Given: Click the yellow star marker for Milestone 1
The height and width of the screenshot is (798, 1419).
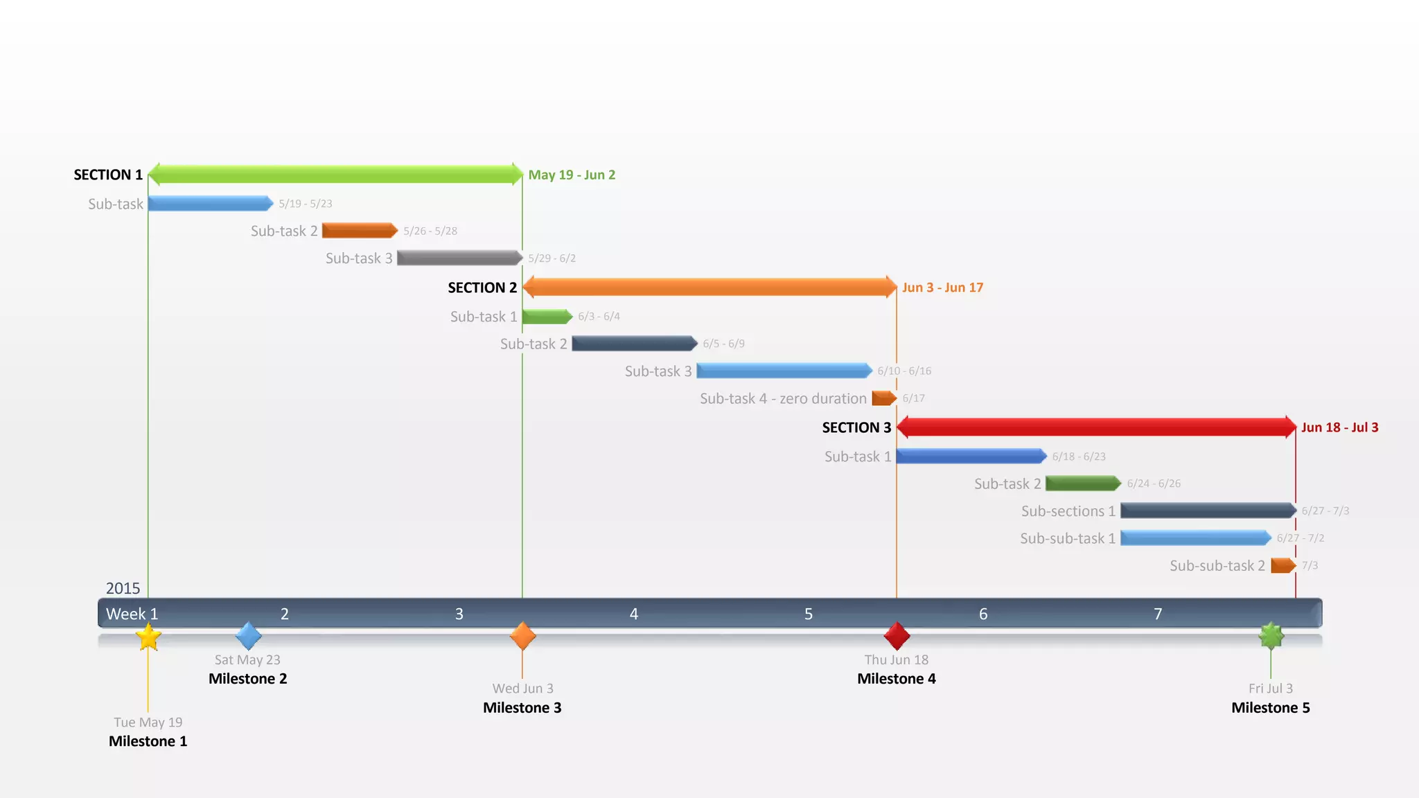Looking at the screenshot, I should click(x=148, y=637).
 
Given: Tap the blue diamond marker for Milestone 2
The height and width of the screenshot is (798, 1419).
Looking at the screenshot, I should click(x=248, y=635).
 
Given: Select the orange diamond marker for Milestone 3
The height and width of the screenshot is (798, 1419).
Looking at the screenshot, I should click(x=522, y=635).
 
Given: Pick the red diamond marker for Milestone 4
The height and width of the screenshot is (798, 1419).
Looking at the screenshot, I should click(x=897, y=635).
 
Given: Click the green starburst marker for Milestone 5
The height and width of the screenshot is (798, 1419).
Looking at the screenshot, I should click(x=1271, y=635).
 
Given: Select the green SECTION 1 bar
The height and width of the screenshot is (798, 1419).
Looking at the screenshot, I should click(x=335, y=174).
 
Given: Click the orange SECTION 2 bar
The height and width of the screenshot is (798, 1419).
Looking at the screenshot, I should click(x=709, y=287).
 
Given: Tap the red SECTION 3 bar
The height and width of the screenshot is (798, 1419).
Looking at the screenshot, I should click(x=1096, y=427).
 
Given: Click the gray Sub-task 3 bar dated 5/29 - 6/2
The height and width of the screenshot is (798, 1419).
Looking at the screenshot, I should click(x=459, y=258).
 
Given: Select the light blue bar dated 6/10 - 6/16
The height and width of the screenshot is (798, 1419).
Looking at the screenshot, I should click(x=784, y=371).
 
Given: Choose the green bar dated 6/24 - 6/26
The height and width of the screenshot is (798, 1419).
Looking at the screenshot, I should click(x=1083, y=483).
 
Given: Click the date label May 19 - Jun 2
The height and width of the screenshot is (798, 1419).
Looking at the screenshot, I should click(x=572, y=175).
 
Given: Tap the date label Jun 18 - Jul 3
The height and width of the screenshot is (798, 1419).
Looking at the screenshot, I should click(x=1339, y=427).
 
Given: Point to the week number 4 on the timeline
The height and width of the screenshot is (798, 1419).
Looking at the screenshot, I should click(x=633, y=614).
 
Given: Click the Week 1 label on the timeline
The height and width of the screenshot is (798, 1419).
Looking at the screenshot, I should click(x=132, y=614).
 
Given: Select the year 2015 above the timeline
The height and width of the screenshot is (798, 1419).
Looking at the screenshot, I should click(x=123, y=588).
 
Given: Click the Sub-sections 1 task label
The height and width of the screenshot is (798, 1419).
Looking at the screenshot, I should click(x=1068, y=511).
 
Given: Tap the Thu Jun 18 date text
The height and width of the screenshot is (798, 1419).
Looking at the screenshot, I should click(x=896, y=659).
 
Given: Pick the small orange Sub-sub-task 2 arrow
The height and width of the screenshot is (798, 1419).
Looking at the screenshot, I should click(x=1283, y=565).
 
